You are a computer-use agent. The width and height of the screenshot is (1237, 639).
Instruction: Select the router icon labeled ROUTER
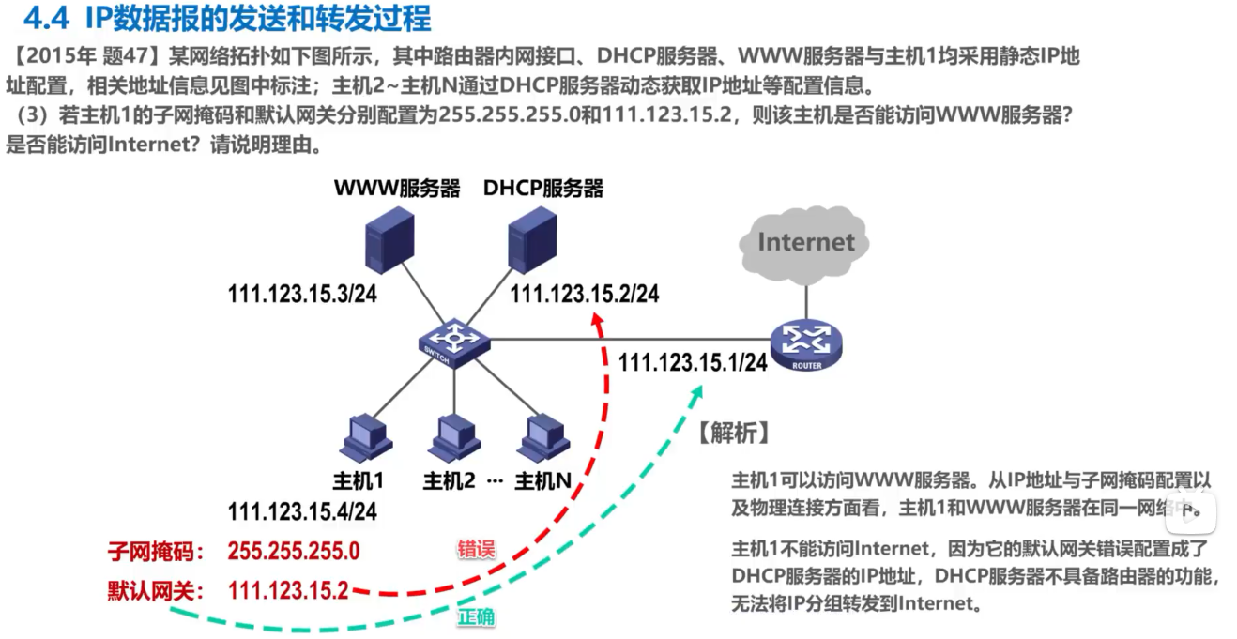click(x=806, y=345)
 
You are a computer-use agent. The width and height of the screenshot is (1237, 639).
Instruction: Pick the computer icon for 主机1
click(x=361, y=436)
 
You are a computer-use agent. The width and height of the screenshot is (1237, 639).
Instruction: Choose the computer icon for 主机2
click(x=451, y=436)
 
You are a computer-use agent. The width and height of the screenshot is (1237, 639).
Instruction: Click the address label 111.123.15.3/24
click(x=302, y=294)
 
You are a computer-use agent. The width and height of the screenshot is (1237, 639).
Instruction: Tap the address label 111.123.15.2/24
click(x=585, y=294)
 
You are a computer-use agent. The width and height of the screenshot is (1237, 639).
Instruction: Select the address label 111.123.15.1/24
click(x=693, y=362)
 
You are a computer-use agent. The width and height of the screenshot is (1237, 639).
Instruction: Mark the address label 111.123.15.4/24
click(x=302, y=511)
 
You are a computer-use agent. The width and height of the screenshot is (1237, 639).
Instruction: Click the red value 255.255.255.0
click(x=294, y=551)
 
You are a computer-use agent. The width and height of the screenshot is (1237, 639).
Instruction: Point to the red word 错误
click(x=476, y=549)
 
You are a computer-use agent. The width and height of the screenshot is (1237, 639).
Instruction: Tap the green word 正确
click(x=477, y=617)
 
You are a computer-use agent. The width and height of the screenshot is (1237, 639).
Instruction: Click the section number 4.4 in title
click(x=44, y=18)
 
